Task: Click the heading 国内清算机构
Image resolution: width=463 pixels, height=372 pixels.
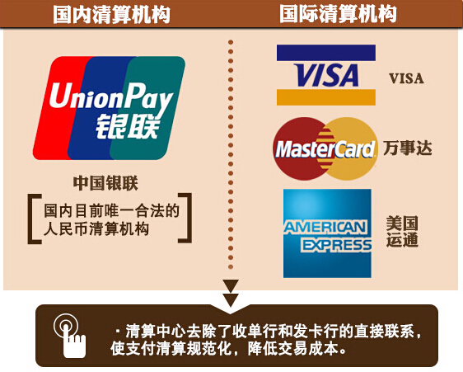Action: pos(111,15)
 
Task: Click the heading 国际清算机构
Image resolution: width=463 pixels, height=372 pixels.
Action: pos(338,14)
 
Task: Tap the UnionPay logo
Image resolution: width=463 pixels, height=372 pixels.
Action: pos(109,108)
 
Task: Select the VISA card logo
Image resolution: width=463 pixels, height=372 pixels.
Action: pos(326,75)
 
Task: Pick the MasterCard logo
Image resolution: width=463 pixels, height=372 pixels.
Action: pos(325,148)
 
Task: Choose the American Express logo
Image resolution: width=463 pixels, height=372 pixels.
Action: pos(327,233)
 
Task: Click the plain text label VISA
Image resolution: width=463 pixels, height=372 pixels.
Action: pos(406,78)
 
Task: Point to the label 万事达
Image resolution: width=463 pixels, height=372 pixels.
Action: pos(408,148)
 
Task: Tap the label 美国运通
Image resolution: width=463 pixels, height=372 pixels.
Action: pos(402,232)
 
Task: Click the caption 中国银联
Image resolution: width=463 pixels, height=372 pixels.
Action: pos(105,183)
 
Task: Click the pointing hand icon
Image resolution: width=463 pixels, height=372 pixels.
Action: pos(70,336)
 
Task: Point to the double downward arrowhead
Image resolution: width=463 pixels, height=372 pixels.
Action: pos(231,293)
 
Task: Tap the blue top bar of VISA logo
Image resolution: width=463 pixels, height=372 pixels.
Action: pos(326,53)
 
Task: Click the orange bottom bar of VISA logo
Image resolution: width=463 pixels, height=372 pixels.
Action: pos(326,97)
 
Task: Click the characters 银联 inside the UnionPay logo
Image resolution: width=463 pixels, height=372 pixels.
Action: pos(128,126)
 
